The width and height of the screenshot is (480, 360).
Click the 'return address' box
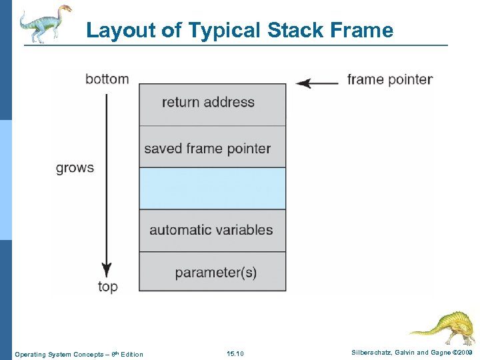(212, 104)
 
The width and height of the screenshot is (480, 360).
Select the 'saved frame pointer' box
(212, 147)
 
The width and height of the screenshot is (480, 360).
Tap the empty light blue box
(212, 189)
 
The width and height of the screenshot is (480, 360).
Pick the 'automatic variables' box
(212, 231)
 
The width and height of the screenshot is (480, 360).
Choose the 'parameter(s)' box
(212, 272)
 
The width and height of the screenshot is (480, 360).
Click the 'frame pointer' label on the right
(389, 80)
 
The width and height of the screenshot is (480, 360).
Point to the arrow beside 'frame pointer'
(317, 83)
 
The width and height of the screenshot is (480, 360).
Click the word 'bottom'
(107, 79)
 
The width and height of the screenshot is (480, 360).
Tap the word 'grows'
(75, 168)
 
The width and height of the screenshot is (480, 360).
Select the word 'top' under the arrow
(107, 287)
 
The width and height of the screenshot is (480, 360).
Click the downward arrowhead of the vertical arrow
(106, 270)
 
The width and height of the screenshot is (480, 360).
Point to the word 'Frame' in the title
(363, 31)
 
